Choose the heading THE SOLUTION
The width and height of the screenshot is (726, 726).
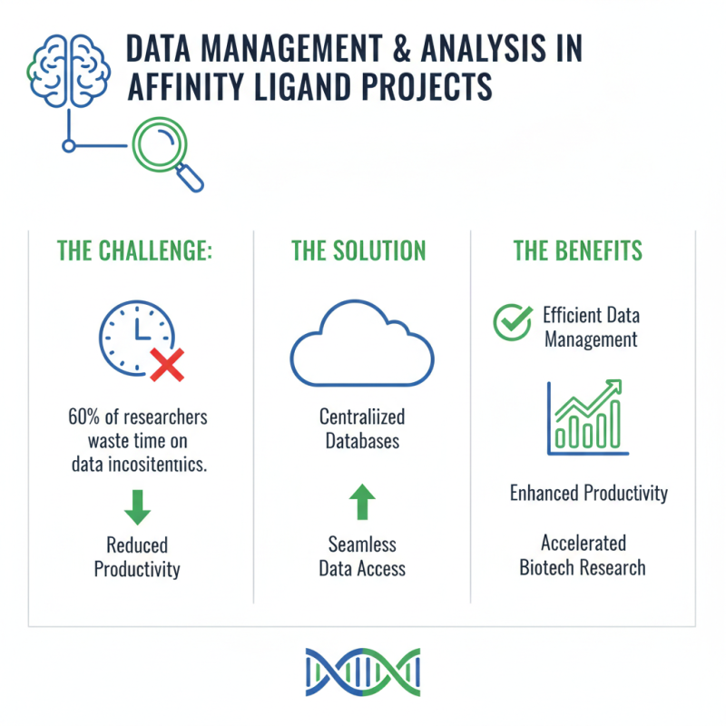[x=358, y=250]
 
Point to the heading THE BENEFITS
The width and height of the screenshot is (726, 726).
[x=578, y=250]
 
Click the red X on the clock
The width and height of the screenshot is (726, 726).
[x=165, y=365]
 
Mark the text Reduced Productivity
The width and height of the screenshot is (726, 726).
[x=138, y=557]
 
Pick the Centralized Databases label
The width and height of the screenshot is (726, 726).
[x=362, y=429]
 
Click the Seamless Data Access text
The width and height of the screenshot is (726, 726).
[x=362, y=556]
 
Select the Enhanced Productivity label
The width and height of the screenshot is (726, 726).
[x=588, y=494]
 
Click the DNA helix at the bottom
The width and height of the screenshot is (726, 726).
[x=362, y=672]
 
